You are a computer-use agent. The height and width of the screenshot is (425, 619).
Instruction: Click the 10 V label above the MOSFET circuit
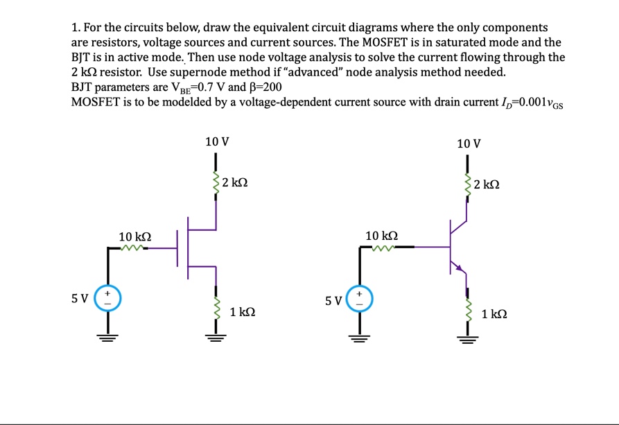tap(217, 142)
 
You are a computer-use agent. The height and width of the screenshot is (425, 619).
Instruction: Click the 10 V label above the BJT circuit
tap(469, 144)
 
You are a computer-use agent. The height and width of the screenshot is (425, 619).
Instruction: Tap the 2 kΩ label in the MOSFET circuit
tap(236, 184)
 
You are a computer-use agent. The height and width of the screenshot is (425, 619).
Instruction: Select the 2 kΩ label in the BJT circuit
tap(487, 185)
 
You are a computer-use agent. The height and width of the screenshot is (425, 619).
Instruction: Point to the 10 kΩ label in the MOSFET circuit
tap(135, 236)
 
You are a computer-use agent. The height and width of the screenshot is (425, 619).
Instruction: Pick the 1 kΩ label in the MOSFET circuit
tap(241, 313)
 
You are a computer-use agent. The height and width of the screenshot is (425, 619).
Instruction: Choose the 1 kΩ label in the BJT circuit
tap(494, 314)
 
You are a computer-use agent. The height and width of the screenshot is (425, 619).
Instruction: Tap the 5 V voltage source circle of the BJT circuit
tap(360, 299)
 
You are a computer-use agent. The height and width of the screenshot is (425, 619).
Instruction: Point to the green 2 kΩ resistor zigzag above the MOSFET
tap(216, 184)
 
